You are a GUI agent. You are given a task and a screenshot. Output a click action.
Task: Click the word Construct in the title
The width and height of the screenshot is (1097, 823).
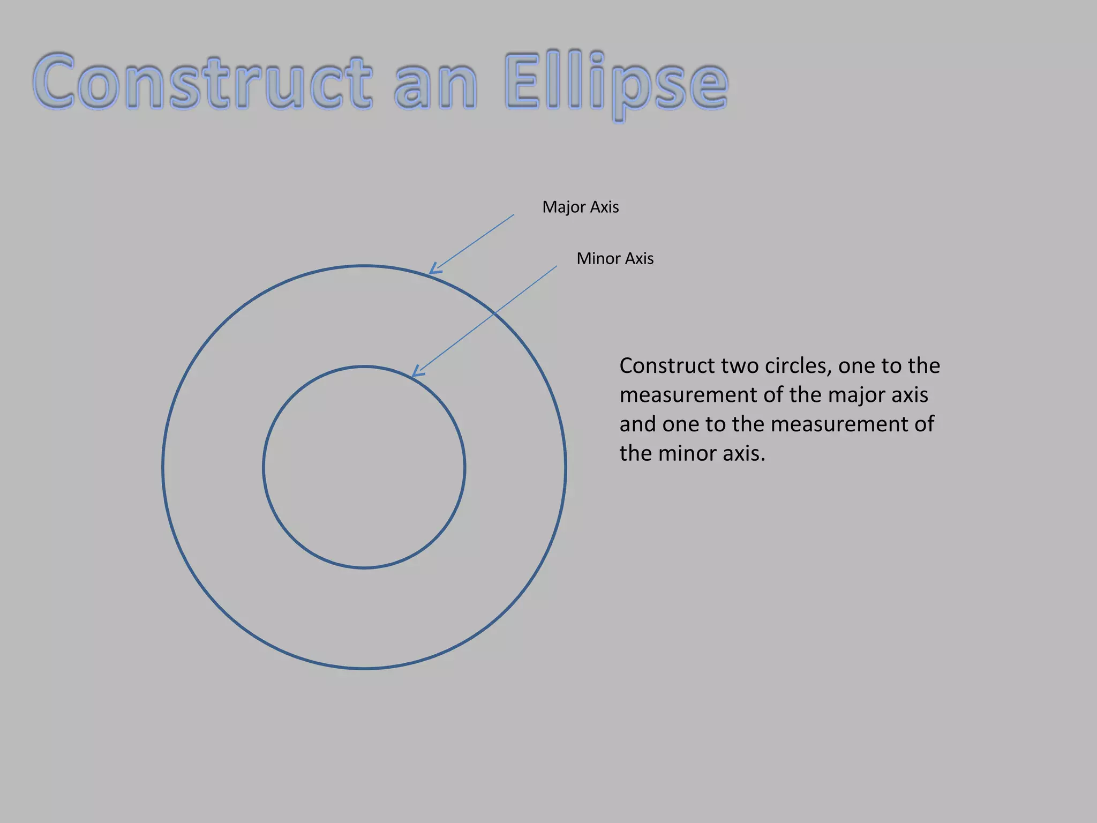pyautogui.click(x=202, y=81)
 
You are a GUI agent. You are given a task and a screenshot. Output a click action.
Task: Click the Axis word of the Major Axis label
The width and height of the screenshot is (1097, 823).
pyautogui.click(x=604, y=207)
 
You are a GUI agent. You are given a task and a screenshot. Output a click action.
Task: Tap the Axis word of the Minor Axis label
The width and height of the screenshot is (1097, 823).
pyautogui.click(x=640, y=259)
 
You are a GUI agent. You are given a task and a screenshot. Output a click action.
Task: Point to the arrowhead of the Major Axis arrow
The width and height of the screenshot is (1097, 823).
pyautogui.click(x=432, y=272)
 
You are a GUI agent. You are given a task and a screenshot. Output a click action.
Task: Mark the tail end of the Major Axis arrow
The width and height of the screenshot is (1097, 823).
pyautogui.click(x=514, y=215)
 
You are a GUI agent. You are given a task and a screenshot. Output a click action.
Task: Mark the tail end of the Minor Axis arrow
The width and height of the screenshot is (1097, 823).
pyautogui.click(x=557, y=266)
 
